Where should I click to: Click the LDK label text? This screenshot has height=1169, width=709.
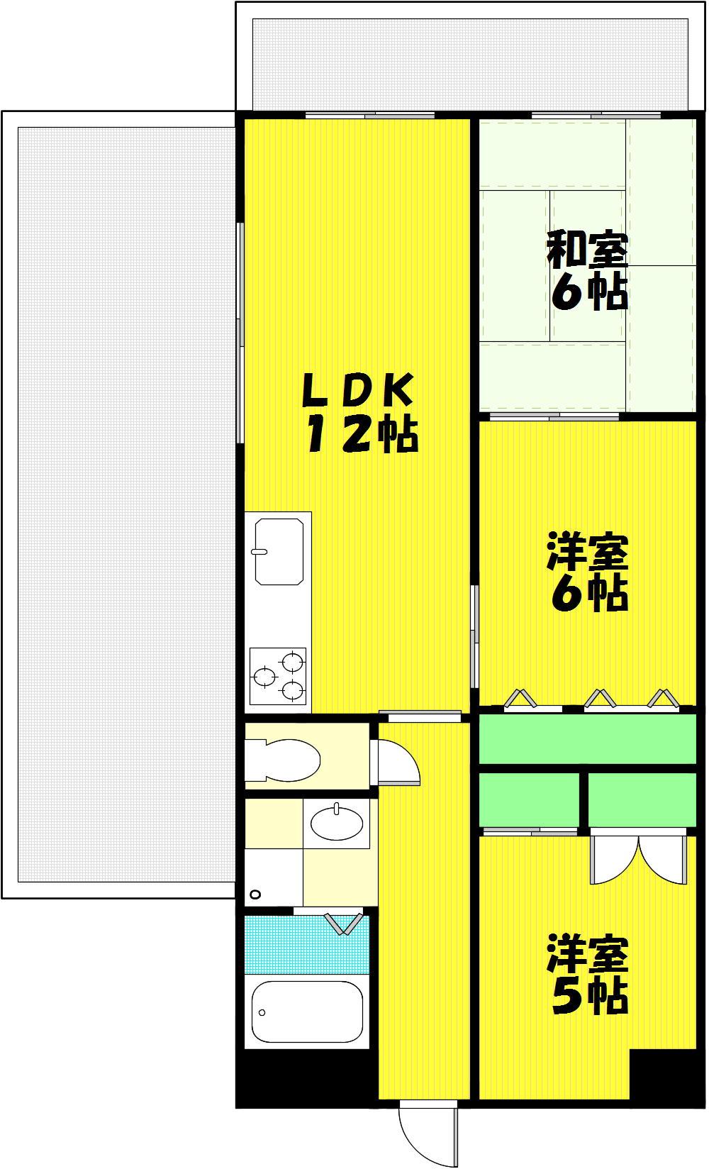pos(359,390)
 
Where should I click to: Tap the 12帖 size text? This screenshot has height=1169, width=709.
pos(362,433)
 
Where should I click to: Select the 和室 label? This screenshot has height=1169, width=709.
pos(587,251)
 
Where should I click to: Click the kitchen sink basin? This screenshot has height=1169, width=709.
pos(279,552)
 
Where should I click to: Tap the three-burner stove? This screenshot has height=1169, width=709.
pos(277,676)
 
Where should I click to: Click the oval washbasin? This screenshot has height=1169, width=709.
pos(337,824)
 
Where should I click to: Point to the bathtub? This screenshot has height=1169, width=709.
pos(307,1012)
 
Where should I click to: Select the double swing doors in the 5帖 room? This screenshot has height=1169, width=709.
pos(639,859)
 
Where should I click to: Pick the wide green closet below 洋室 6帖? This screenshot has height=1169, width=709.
pos(588,739)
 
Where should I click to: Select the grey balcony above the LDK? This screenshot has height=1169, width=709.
pos(470,64)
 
